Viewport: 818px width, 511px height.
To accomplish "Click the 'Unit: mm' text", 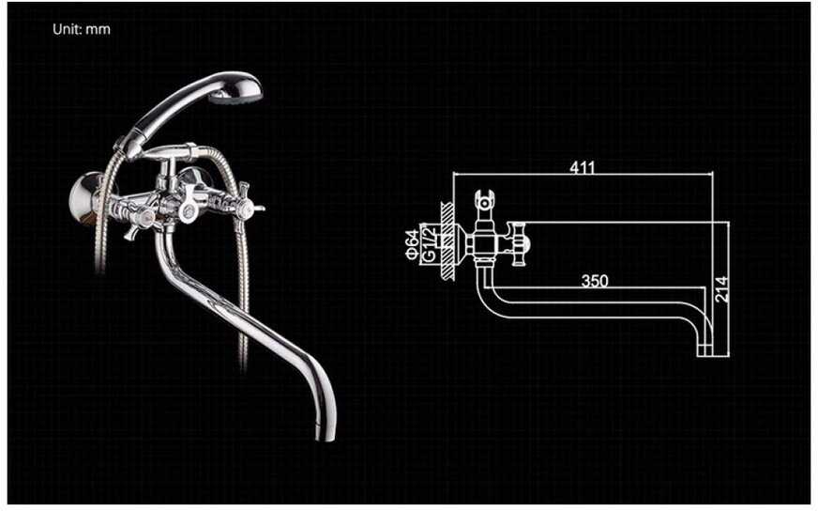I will click(x=82, y=29).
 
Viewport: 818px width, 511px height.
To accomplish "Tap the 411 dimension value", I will click(x=582, y=168).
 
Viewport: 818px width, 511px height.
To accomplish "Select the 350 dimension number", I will click(x=594, y=280).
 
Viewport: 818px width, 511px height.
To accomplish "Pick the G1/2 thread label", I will click(x=427, y=242).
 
